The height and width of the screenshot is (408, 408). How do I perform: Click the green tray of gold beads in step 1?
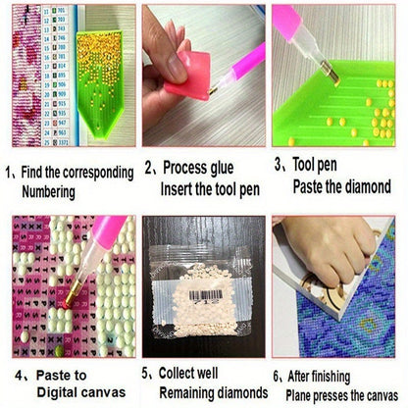(100, 81)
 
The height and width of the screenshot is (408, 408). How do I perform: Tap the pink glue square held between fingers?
(188, 76)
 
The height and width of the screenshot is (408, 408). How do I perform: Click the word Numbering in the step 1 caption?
(48, 192)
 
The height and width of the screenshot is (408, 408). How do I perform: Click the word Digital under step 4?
(57, 392)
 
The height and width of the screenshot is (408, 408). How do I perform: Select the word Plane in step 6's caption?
(298, 395)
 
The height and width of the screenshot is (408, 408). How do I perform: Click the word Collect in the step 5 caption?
(178, 373)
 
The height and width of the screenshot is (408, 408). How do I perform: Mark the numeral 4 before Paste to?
(19, 376)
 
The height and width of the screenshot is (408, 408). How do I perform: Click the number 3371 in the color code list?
(64, 142)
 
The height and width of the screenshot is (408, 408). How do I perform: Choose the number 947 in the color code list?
(62, 124)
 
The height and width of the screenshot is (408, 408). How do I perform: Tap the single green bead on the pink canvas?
(59, 351)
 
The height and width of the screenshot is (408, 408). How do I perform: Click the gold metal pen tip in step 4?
(73, 293)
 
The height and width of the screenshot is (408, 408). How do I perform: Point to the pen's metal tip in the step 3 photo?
(331, 73)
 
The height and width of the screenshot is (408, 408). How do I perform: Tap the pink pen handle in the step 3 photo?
(285, 19)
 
